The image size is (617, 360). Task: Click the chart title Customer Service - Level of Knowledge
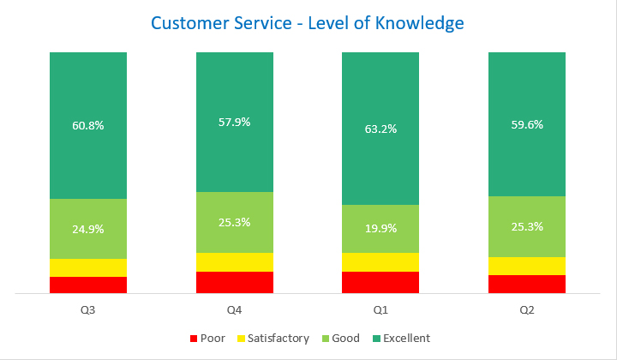pos(308,23)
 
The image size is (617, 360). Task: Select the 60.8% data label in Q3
pos(88,125)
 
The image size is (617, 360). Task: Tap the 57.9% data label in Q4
pos(234,122)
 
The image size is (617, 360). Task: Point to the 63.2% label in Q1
pos(380,129)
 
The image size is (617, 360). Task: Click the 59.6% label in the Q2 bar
pos(527,123)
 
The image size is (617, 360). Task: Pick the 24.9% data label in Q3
pos(88,229)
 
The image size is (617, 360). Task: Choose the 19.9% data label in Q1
pos(380,229)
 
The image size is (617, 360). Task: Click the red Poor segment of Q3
pos(88,285)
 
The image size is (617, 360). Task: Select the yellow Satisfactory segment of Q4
pos(234,262)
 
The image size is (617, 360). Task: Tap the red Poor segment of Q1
pos(380,282)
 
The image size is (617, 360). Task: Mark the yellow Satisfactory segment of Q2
pos(527,266)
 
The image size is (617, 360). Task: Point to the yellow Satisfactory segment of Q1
pos(380,262)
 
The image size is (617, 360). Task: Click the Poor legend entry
pos(207,339)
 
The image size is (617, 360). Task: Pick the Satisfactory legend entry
pos(272,339)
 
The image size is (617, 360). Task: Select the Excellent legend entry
pos(400,339)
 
